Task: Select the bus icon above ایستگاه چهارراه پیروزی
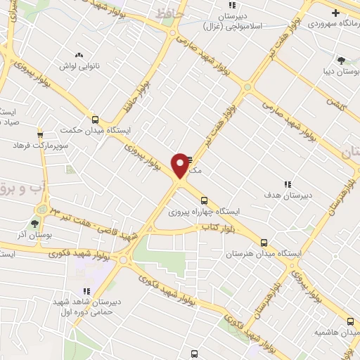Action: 204,199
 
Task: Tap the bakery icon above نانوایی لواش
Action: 79,54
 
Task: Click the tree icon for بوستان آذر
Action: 34,224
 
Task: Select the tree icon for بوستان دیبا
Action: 341,60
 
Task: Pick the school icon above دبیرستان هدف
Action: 287,184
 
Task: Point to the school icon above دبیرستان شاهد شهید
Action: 86,290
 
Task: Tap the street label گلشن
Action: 335,103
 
